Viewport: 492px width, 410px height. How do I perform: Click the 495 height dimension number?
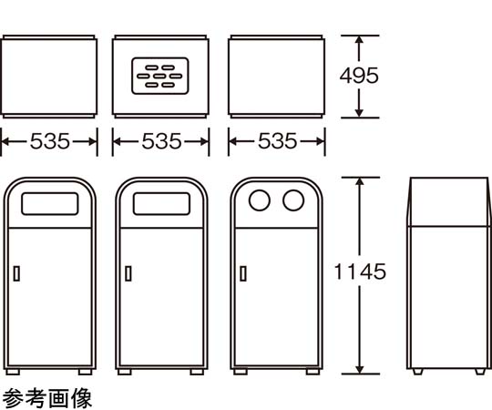(359, 76)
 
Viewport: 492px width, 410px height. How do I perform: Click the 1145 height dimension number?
(360, 272)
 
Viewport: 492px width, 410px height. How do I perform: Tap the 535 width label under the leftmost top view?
(50, 141)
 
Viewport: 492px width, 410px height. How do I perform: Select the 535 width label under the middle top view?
(161, 141)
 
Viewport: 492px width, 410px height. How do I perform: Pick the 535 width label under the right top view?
(277, 141)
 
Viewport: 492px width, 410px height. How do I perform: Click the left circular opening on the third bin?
(260, 200)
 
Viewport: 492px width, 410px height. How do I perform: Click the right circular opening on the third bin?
(293, 200)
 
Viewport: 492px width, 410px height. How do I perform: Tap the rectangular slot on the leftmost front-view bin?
(50, 204)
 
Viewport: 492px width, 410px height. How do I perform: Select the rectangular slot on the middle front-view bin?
(161, 204)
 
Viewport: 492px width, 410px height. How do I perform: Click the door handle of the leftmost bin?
(16, 273)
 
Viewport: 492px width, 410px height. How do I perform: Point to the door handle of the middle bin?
(128, 273)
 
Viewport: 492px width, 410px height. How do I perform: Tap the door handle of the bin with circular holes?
(243, 273)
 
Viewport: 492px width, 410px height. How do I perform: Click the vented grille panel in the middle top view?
(160, 76)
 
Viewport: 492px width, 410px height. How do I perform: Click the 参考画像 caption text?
(47, 398)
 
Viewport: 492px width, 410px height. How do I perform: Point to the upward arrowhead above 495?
(359, 39)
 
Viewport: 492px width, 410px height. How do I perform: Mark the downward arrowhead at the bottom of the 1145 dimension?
(360, 370)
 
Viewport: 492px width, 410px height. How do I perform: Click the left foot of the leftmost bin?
(13, 372)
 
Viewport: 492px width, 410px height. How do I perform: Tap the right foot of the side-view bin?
(480, 372)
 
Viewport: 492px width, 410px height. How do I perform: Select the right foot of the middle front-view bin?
(197, 372)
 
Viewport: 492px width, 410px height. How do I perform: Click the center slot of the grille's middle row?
(159, 76)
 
